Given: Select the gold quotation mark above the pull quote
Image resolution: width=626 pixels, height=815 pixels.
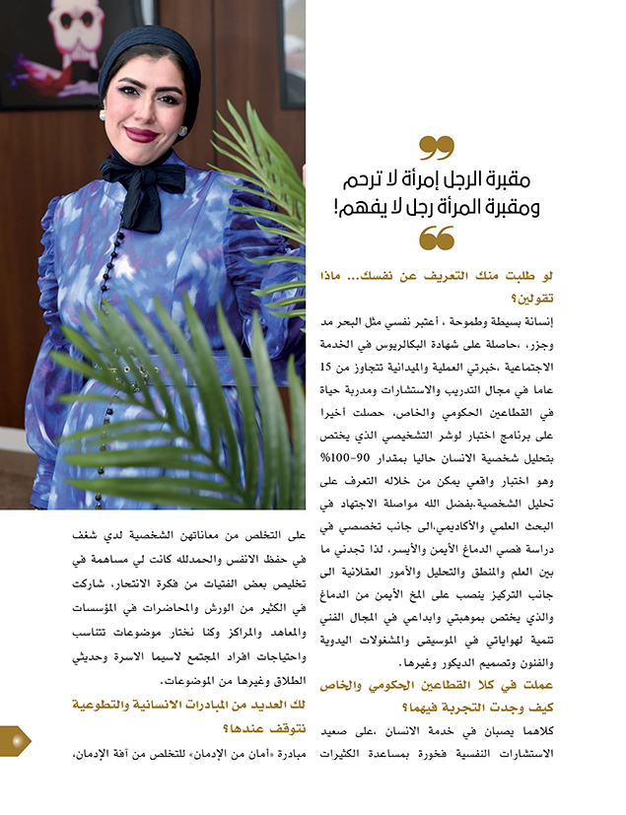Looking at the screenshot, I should (x=437, y=148).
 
